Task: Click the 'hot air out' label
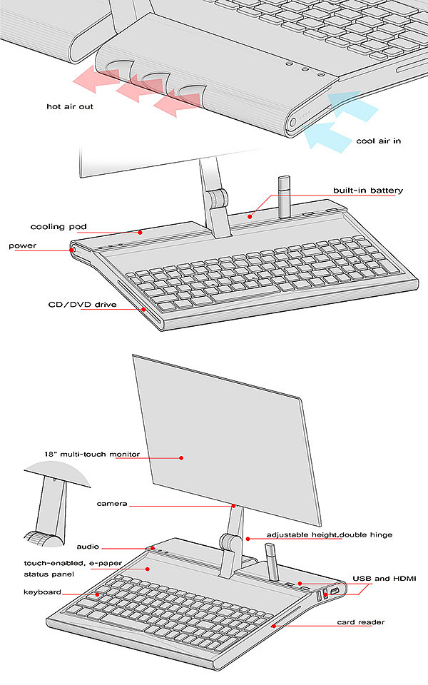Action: (x=70, y=106)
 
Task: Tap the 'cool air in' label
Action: (x=378, y=141)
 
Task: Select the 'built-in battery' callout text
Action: (x=368, y=191)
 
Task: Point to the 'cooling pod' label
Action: (x=58, y=227)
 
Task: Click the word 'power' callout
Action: (x=23, y=245)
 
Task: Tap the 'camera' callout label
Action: (x=112, y=504)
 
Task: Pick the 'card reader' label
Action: (x=361, y=622)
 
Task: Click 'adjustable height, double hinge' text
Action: (x=330, y=534)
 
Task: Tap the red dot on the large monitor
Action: (x=181, y=457)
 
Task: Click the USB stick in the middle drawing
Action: (x=283, y=197)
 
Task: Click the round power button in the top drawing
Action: (x=294, y=121)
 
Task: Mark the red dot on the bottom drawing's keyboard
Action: (x=97, y=594)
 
